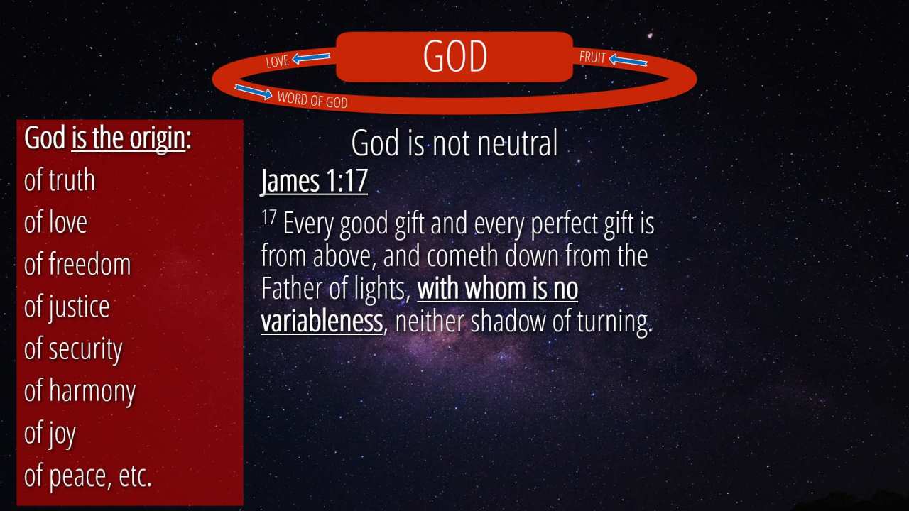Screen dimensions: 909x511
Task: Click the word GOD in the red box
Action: tap(455, 56)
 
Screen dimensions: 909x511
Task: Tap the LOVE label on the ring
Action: tap(278, 61)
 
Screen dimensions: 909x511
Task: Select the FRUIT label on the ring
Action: tap(592, 57)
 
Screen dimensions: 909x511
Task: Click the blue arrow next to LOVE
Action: tap(311, 58)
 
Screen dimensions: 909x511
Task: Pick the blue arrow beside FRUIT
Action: tap(628, 60)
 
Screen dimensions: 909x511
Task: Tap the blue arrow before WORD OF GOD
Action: tap(254, 92)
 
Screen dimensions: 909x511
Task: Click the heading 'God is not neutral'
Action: tap(454, 143)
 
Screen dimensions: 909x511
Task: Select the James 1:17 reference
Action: tap(315, 181)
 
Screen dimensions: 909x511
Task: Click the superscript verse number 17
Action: tap(268, 217)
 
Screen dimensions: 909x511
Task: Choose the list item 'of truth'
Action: tap(60, 180)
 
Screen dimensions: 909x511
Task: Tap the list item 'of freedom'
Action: tap(77, 264)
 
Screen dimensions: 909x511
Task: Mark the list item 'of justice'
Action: tap(67, 307)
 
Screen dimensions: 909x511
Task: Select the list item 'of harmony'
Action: tap(80, 392)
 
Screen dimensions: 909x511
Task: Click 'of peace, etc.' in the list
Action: tap(87, 476)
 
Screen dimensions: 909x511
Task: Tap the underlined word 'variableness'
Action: tap(322, 322)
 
